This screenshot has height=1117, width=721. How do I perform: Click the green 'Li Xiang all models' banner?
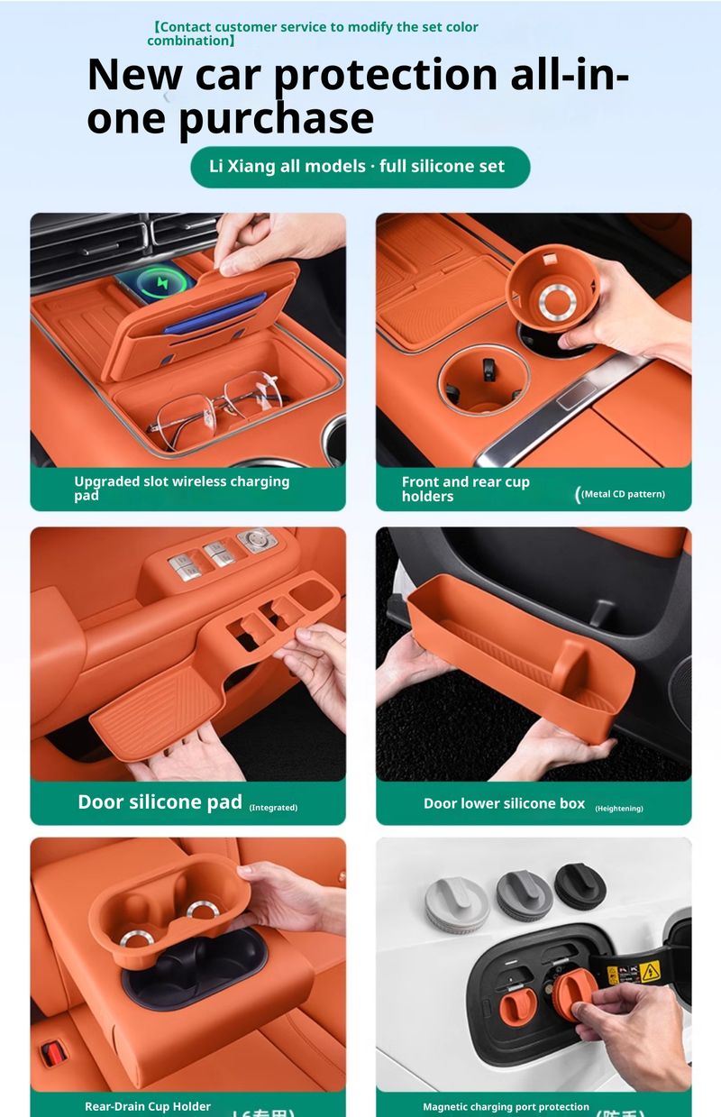360,167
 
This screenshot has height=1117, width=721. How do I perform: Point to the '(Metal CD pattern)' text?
623,494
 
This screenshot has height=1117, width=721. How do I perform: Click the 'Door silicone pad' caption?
160,802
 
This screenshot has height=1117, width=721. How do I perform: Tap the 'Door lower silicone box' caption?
504,803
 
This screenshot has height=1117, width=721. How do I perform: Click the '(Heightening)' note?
619,809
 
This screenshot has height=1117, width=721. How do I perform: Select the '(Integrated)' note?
273,808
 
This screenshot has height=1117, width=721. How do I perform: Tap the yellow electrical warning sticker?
649,972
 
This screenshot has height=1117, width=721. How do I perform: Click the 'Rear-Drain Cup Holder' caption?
148,1106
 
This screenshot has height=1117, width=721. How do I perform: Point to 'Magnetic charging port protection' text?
506,1106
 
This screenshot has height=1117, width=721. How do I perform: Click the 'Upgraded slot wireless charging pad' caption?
181,488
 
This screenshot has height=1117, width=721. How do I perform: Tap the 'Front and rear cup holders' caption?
465,489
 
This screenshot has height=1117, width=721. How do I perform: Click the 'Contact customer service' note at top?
313,33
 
